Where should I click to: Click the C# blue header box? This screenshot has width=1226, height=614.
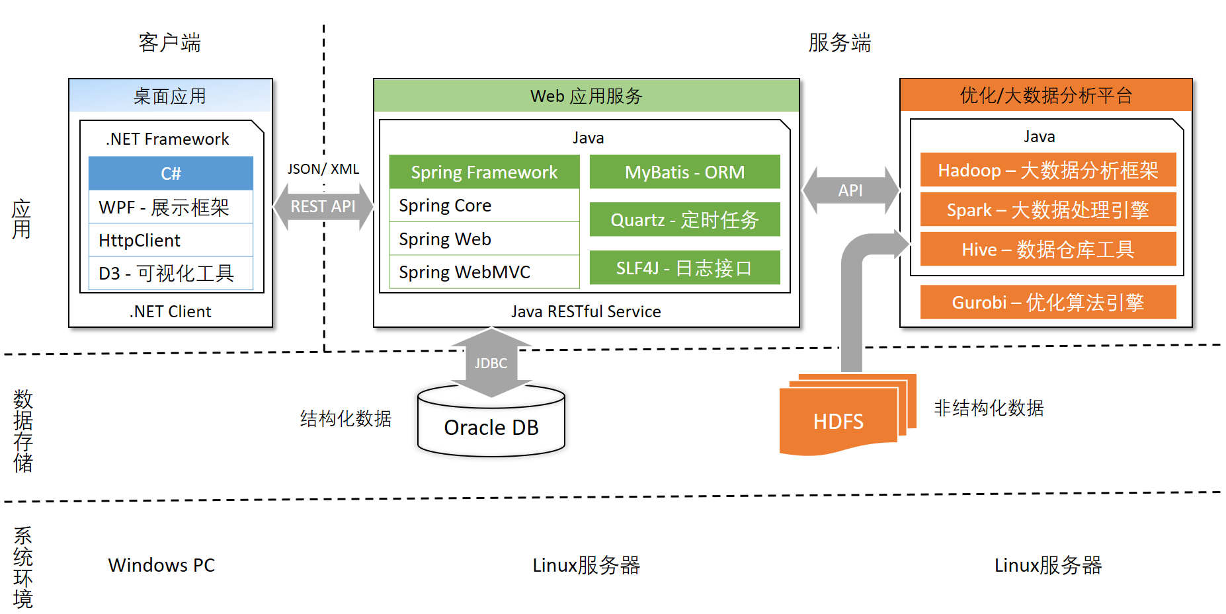pyautogui.click(x=171, y=173)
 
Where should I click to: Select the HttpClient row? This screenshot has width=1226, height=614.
pyautogui.click(x=171, y=240)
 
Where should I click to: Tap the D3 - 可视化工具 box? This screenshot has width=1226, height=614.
pyautogui.click(x=171, y=273)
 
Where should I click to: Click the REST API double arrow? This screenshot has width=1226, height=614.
pyautogui.click(x=323, y=206)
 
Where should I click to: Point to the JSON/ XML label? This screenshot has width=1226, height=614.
pyautogui.click(x=323, y=169)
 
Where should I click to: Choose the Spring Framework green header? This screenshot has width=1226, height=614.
pyautogui.click(x=484, y=172)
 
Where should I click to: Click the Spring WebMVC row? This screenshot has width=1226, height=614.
pyautogui.click(x=484, y=272)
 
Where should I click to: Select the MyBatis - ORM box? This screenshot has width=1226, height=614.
pyautogui.click(x=684, y=172)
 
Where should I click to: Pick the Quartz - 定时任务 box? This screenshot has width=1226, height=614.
pyautogui.click(x=684, y=219)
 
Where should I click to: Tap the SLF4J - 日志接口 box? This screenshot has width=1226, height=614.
pyautogui.click(x=684, y=268)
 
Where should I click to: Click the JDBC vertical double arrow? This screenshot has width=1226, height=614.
pyautogui.click(x=491, y=363)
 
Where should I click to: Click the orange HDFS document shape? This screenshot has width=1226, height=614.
pyautogui.click(x=838, y=421)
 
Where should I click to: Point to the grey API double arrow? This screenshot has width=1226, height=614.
pyautogui.click(x=850, y=190)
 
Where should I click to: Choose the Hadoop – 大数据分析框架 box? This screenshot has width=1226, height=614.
pyautogui.click(x=1047, y=170)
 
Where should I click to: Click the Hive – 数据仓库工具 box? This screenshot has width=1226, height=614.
pyautogui.click(x=1047, y=249)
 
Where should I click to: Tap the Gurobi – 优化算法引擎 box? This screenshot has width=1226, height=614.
pyautogui.click(x=1047, y=302)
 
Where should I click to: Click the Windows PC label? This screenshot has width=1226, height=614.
pyautogui.click(x=161, y=565)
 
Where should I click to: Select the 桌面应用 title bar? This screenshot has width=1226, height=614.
pyautogui.click(x=171, y=96)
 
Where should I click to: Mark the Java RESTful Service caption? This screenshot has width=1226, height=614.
pyautogui.click(x=586, y=311)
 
